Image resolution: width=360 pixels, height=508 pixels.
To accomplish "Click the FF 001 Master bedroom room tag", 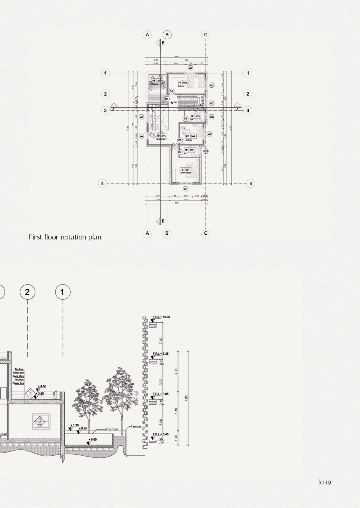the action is tap(185, 170).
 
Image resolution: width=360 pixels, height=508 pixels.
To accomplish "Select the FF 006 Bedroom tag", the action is tap(183, 83).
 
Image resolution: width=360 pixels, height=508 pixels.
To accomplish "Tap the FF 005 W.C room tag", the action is tap(195, 116).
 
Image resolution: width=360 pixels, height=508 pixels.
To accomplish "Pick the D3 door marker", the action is tap(167, 99).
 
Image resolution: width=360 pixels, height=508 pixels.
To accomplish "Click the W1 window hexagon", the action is tap(186, 189).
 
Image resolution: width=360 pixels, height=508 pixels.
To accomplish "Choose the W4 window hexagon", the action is tap(142, 136).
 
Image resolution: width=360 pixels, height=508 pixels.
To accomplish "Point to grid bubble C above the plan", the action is tap(206, 35).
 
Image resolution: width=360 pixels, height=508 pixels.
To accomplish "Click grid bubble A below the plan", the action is tap(147, 233).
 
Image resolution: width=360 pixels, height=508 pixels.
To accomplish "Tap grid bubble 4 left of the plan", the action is tap(103, 184).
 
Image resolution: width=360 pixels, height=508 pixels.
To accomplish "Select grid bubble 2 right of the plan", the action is tap(248, 94).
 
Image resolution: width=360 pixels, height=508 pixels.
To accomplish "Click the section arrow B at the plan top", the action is tap(159, 43).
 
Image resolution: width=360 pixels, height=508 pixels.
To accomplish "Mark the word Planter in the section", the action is tap(112, 429).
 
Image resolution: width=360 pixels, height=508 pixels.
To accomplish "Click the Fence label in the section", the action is tap(136, 427).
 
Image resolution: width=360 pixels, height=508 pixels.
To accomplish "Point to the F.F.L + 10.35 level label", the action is tap(162, 317).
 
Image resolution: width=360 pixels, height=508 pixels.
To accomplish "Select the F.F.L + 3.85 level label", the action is tap(160, 394).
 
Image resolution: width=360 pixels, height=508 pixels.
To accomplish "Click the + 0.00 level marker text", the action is tap(93, 440).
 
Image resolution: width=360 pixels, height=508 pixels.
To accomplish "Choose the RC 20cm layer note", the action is tap(19, 380).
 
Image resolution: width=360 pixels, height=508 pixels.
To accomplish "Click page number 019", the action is tap(325, 483).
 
